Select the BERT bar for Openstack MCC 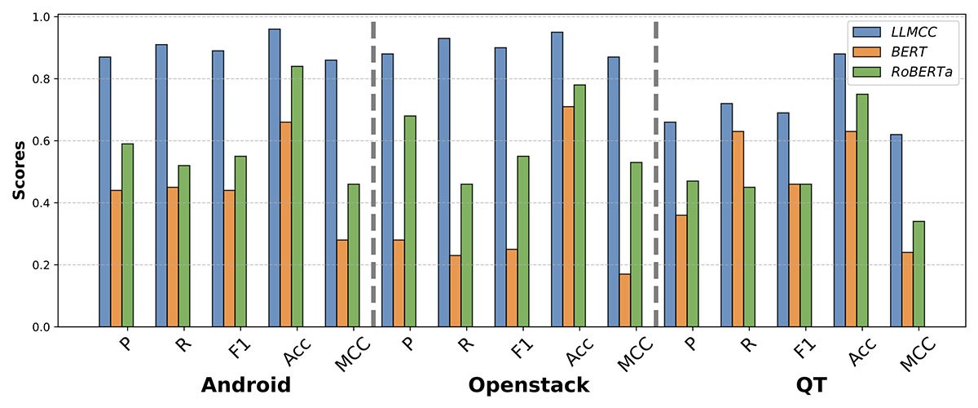624,300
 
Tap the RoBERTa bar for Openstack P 410,221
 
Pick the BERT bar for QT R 738,228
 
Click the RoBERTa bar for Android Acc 297,196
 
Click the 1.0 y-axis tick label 40,17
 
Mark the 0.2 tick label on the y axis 40,265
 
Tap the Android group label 245,385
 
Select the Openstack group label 528,385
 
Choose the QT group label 811,385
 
